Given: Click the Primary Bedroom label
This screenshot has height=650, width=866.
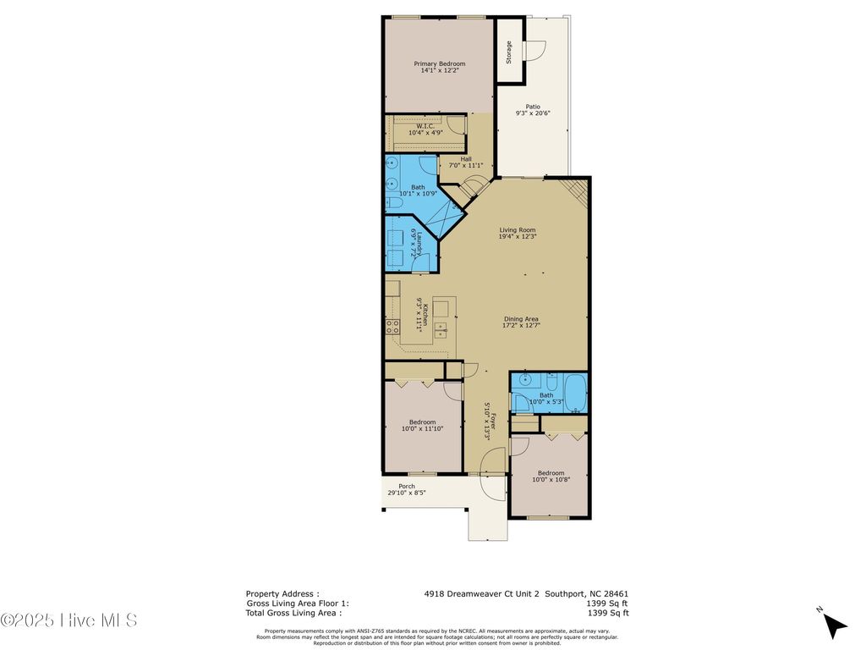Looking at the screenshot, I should tap(439, 64).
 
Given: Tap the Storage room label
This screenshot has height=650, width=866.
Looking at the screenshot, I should tap(508, 52).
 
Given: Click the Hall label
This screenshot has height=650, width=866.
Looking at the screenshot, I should tap(466, 159).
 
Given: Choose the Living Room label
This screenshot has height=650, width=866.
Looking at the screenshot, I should tap(517, 229).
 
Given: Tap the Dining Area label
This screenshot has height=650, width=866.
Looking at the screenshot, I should tap(521, 319).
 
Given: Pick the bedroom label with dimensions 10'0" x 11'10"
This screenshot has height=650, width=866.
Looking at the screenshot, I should tap(422, 422).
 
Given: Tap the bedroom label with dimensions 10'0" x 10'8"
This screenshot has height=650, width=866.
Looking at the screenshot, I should tap(548, 473).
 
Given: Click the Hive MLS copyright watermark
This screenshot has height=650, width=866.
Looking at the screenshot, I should tap(69, 620).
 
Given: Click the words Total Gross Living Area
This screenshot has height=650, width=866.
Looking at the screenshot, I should tap(293, 613).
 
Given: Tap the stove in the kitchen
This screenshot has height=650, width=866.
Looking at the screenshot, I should tap(392, 326).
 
